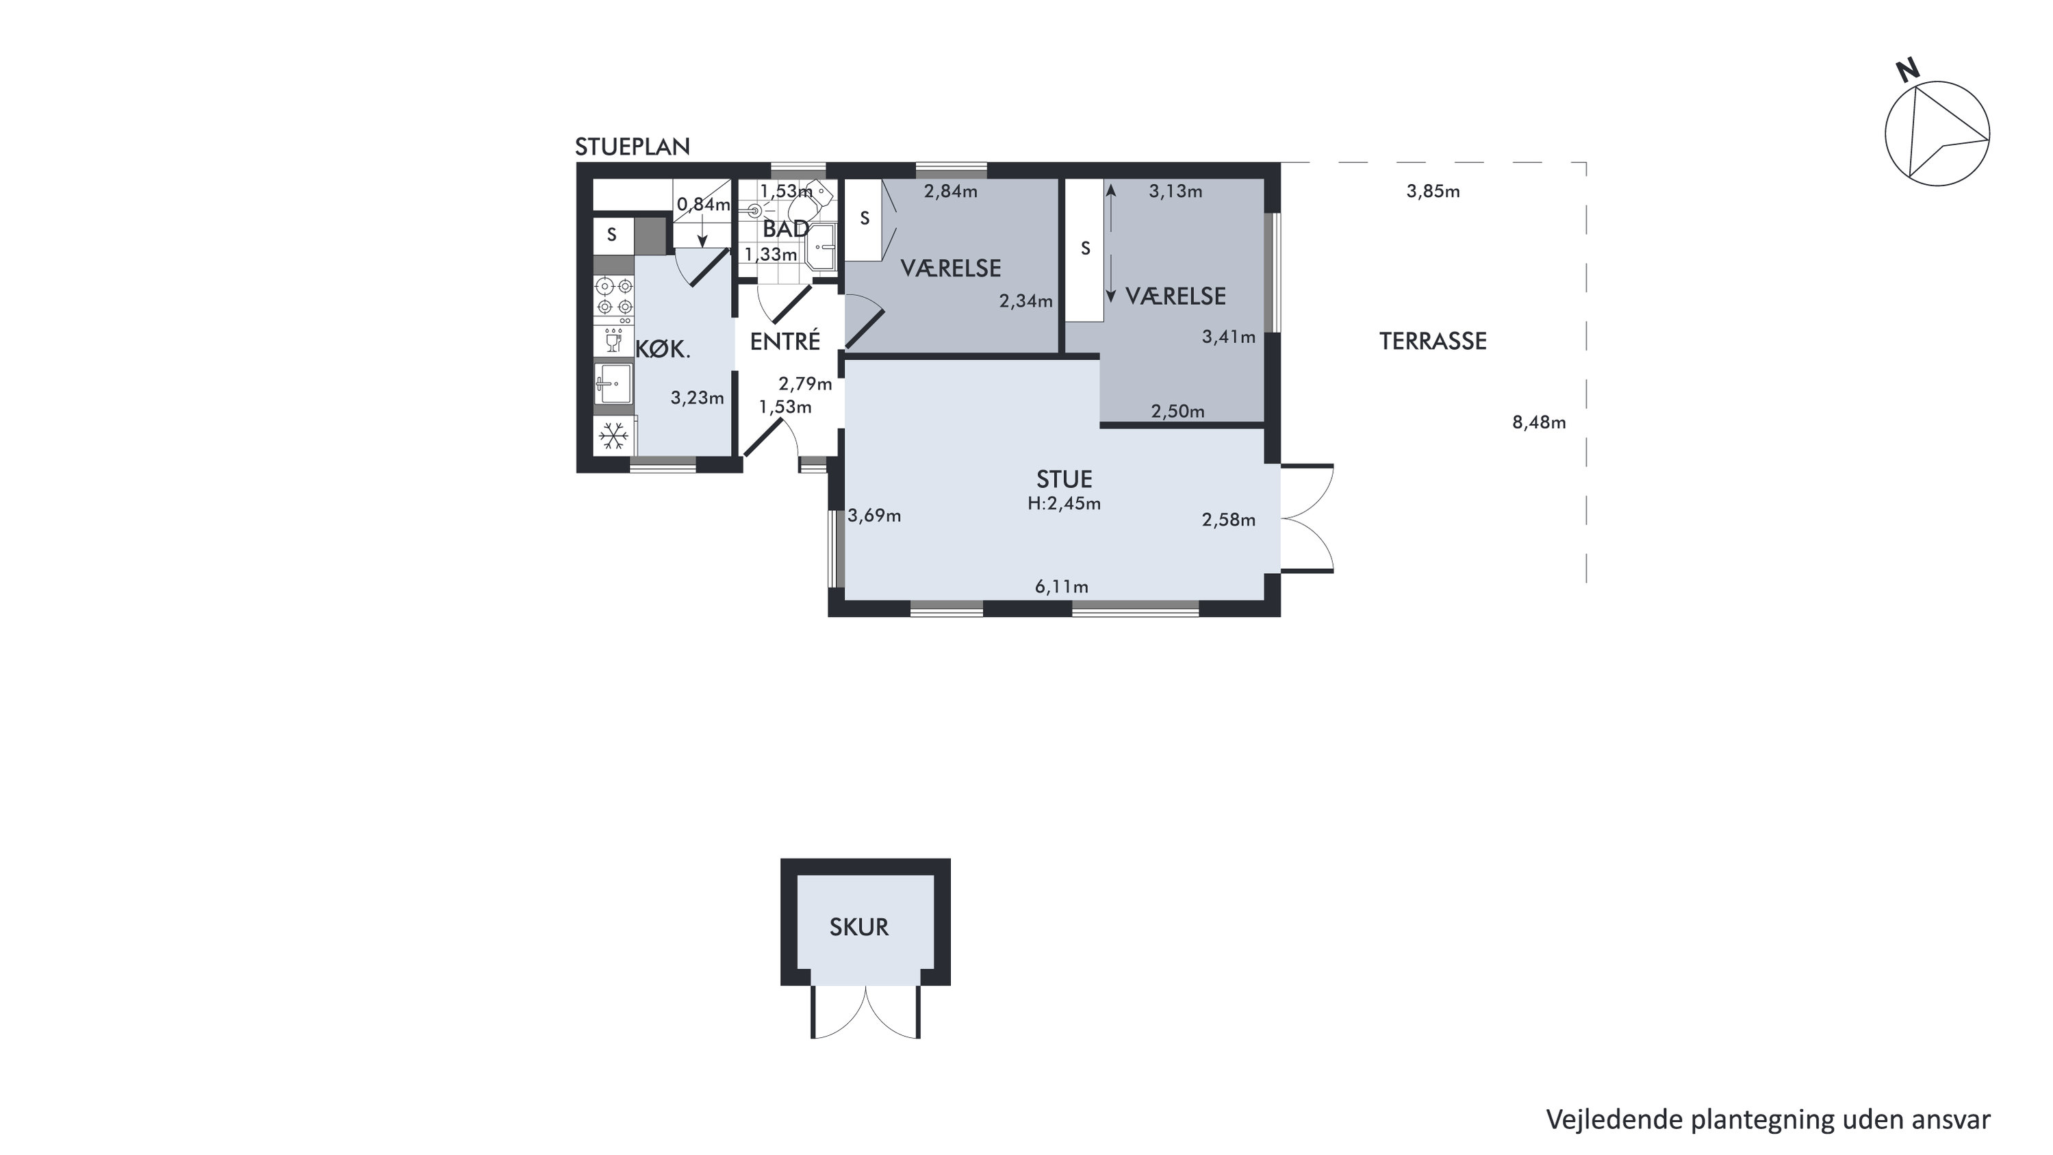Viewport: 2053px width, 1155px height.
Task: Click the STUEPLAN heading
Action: point(632,147)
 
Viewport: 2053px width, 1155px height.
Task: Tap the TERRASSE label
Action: point(1433,341)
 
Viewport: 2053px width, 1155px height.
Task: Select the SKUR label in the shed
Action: point(858,927)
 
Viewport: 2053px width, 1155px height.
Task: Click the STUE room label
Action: point(1064,479)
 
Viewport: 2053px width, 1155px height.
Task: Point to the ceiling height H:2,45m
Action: point(1064,504)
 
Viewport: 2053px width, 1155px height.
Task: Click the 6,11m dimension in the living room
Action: point(1062,587)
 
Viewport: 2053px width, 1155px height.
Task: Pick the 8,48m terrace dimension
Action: point(1539,422)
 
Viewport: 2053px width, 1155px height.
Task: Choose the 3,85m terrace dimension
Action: point(1433,191)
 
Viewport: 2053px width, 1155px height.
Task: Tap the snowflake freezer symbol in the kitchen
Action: point(613,436)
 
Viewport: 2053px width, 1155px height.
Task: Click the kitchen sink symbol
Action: point(613,384)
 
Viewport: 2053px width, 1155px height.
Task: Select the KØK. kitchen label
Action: point(662,349)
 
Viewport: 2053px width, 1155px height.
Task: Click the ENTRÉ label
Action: point(785,341)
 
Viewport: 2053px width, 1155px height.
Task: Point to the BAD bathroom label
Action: point(786,229)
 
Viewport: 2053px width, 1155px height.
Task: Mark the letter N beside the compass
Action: point(1907,71)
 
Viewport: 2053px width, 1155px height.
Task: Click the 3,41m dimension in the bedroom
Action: point(1228,337)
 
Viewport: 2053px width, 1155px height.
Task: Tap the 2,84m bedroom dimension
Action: point(950,191)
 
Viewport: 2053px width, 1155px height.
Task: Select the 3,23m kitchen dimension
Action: point(697,398)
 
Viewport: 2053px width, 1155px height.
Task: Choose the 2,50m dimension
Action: point(1177,411)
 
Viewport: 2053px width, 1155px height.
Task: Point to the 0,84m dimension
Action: point(703,205)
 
